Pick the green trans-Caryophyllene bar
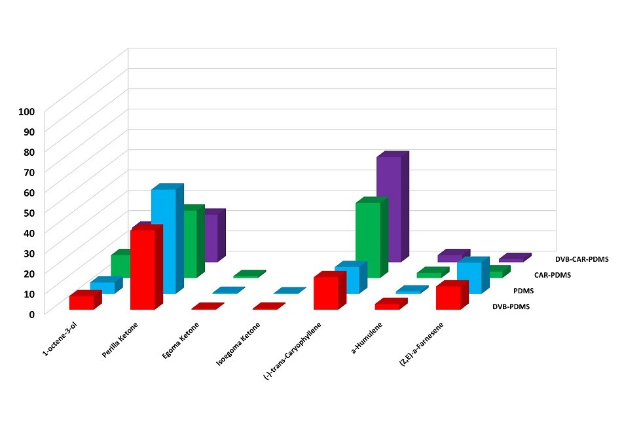tap(367, 239)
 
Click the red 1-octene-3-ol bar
tap(81, 302)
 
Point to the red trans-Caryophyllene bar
tap(325, 293)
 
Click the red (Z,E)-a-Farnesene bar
tap(448, 297)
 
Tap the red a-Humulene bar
tap(387, 306)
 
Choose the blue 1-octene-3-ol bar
tap(102, 287)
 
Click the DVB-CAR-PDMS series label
tap(581, 259)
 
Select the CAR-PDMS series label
tap(552, 275)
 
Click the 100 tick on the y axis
tap(26, 111)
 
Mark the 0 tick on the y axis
tap(31, 314)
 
